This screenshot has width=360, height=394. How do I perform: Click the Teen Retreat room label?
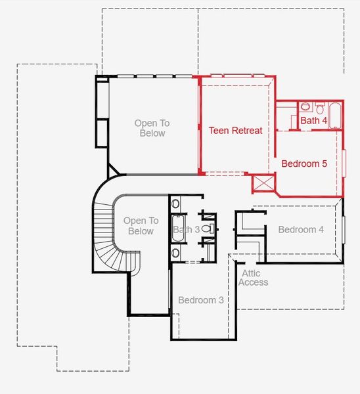point(235,131)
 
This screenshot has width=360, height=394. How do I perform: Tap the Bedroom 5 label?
point(304,164)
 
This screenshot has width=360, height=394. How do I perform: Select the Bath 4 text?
point(314,121)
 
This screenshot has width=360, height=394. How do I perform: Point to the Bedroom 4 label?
point(301,229)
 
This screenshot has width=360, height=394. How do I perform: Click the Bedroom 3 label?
point(201,300)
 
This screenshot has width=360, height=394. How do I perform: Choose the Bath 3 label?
point(186,230)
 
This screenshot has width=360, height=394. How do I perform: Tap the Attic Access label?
point(253,277)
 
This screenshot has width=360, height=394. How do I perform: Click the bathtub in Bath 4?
point(334,116)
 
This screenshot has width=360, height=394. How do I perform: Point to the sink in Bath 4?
point(305,106)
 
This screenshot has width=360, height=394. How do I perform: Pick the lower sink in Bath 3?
point(175,252)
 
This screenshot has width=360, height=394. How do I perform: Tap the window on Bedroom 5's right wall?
point(343,164)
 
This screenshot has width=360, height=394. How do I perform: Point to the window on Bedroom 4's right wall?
point(342,229)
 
